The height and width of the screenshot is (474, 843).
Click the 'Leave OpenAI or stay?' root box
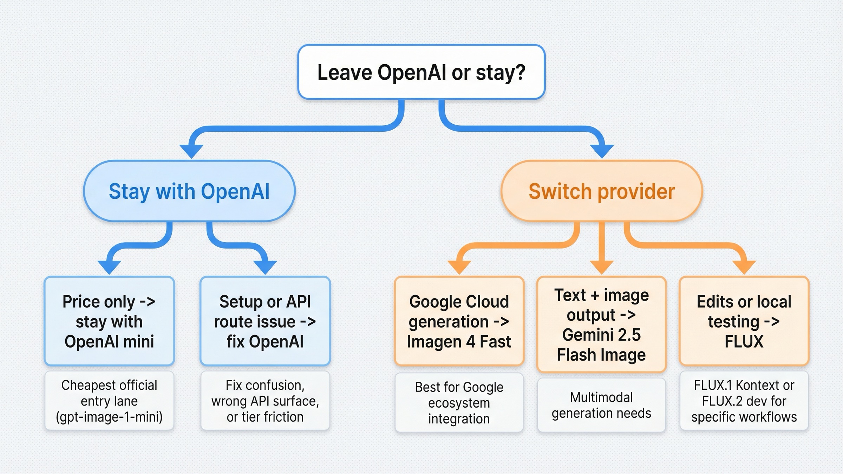pos(421,72)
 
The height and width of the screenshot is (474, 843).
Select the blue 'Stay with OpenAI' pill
pos(189,191)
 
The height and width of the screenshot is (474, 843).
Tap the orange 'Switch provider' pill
pos(602,191)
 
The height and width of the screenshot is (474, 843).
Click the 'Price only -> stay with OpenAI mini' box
pos(109,321)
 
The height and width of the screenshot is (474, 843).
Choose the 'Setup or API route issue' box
pos(265,321)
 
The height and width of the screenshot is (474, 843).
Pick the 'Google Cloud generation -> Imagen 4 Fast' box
pos(459,321)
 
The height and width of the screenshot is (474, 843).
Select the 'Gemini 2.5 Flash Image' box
pos(601,325)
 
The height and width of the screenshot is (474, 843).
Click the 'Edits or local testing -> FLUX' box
pos(744,321)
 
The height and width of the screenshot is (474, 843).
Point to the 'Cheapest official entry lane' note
pos(109,401)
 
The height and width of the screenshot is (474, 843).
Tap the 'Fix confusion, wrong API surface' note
pos(265,401)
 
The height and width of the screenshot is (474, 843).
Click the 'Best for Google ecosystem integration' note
pos(459,403)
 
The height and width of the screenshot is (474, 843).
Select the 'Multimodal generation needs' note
pos(601,405)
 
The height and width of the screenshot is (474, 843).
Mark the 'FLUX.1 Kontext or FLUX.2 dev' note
pos(744,401)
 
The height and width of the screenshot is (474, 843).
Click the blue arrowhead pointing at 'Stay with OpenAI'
pos(191,151)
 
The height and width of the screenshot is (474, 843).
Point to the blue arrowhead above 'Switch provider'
pos(602,151)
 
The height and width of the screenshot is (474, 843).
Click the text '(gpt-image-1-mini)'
pos(109,417)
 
